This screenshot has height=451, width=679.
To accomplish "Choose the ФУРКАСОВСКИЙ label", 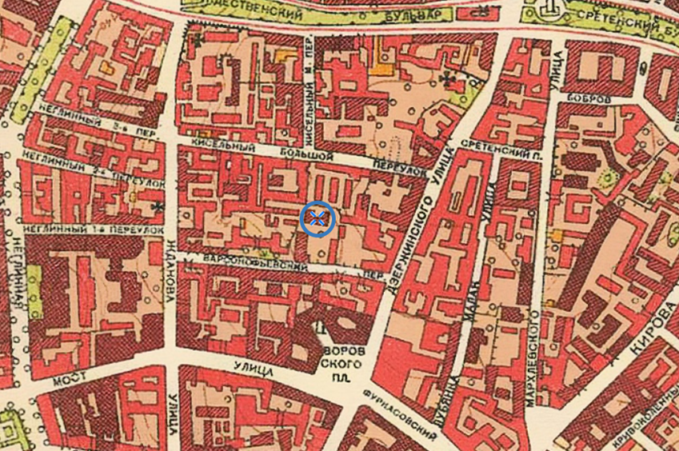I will (399, 416).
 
